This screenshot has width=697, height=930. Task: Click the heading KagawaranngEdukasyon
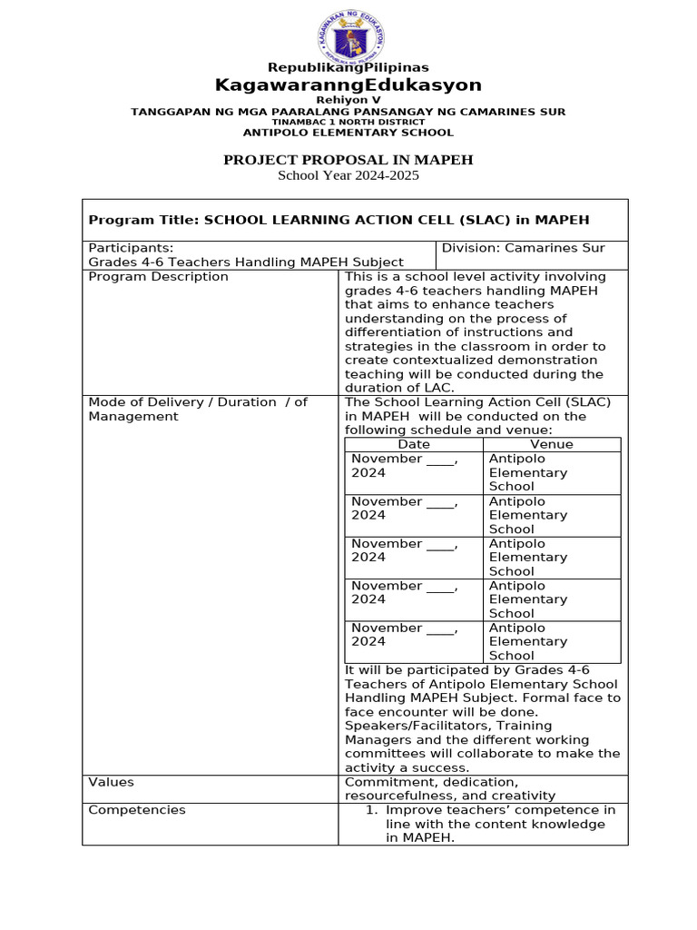(x=348, y=85)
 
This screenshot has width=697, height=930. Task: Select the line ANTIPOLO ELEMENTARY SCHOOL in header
(x=348, y=133)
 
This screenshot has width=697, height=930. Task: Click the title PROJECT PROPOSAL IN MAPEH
(x=348, y=161)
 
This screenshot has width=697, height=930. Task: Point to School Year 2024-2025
(x=348, y=176)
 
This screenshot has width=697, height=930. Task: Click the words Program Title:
(x=143, y=220)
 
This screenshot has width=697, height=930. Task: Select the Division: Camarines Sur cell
(x=523, y=248)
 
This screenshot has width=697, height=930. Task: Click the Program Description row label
(x=158, y=277)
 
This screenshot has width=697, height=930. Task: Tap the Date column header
(x=414, y=444)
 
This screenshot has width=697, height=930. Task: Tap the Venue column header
(x=552, y=444)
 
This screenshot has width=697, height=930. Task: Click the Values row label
(x=111, y=782)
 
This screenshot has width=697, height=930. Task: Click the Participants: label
(x=131, y=248)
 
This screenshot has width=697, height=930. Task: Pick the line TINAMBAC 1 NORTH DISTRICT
(x=348, y=122)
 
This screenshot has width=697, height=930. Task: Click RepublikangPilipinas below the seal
(x=348, y=67)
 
